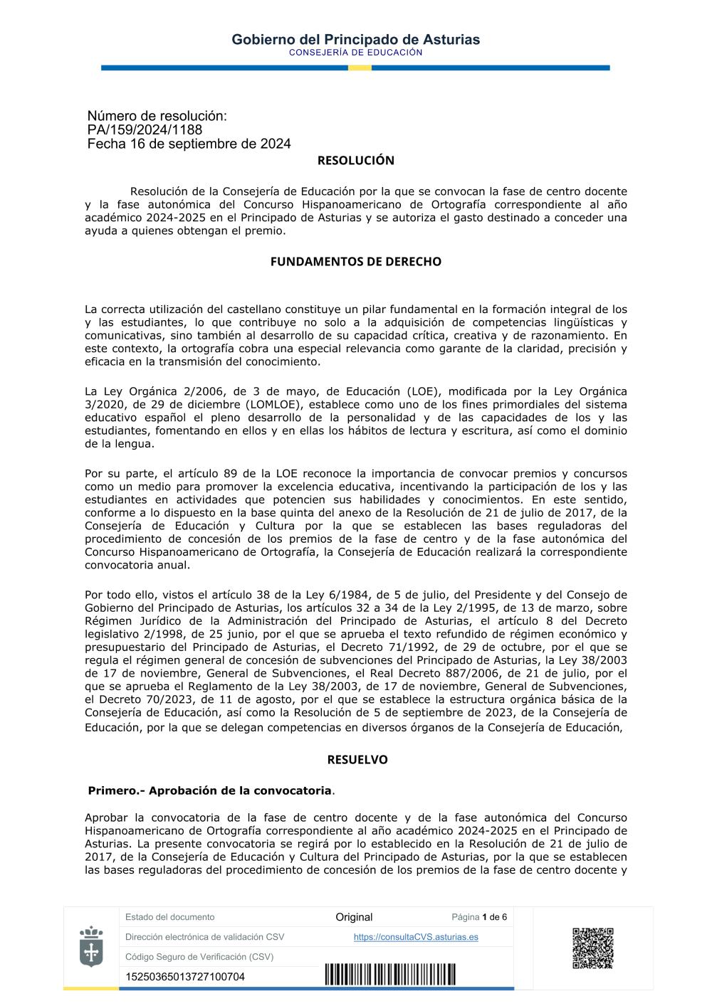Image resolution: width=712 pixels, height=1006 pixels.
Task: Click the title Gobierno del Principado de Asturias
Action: tap(355, 39)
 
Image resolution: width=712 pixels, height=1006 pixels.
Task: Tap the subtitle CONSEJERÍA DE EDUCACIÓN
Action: tap(355, 53)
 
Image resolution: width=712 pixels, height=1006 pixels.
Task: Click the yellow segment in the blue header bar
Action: tap(360, 68)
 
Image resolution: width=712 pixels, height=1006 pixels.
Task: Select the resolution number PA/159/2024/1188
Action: tap(145, 129)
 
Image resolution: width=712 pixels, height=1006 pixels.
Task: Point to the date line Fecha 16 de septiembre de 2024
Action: tap(189, 144)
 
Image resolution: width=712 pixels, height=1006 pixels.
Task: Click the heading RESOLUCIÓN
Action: tap(355, 161)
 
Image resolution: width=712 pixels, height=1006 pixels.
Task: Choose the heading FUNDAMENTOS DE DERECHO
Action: tap(355, 262)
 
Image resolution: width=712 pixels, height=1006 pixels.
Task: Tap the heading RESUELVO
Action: tap(357, 760)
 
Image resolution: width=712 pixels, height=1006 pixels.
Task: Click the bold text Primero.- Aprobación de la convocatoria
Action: tap(210, 790)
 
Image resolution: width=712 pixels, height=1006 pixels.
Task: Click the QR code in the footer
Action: tap(592, 948)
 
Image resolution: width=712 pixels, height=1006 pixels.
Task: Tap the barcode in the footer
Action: tap(390, 975)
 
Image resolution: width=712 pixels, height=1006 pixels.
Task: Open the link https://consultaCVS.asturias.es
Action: tap(416, 937)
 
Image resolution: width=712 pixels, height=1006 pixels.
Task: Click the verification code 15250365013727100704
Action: tap(185, 977)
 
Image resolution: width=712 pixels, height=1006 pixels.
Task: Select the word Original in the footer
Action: tap(354, 917)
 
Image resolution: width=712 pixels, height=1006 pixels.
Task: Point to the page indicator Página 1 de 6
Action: tap(479, 917)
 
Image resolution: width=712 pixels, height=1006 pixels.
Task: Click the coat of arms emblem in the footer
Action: tap(91, 947)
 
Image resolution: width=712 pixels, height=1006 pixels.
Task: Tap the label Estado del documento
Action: tap(169, 917)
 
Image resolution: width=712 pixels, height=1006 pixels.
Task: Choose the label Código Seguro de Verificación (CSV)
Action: tap(199, 957)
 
